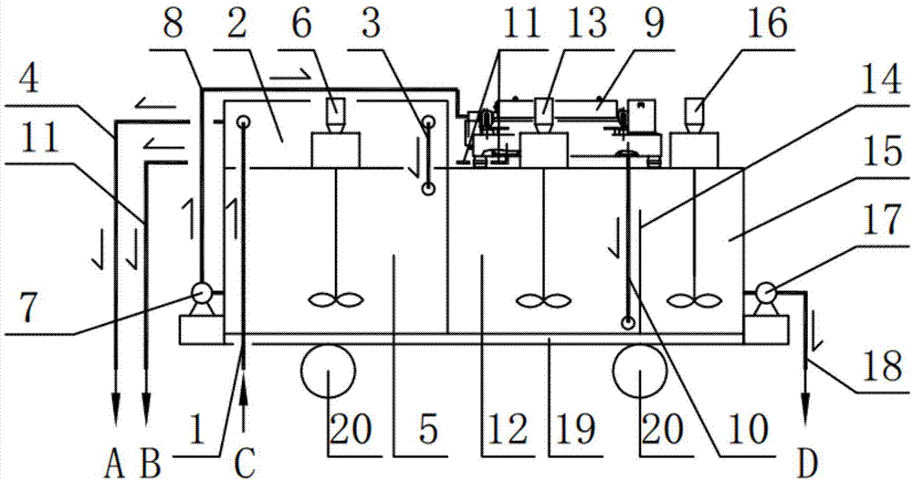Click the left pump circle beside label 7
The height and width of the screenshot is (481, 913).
pyautogui.click(x=200, y=294)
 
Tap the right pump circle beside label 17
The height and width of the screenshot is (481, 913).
pyautogui.click(x=766, y=293)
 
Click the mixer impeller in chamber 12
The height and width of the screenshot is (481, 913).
pyautogui.click(x=544, y=299)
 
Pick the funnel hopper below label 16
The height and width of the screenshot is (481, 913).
pyautogui.click(x=696, y=111)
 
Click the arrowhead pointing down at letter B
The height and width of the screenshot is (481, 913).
pyautogui.click(x=145, y=403)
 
